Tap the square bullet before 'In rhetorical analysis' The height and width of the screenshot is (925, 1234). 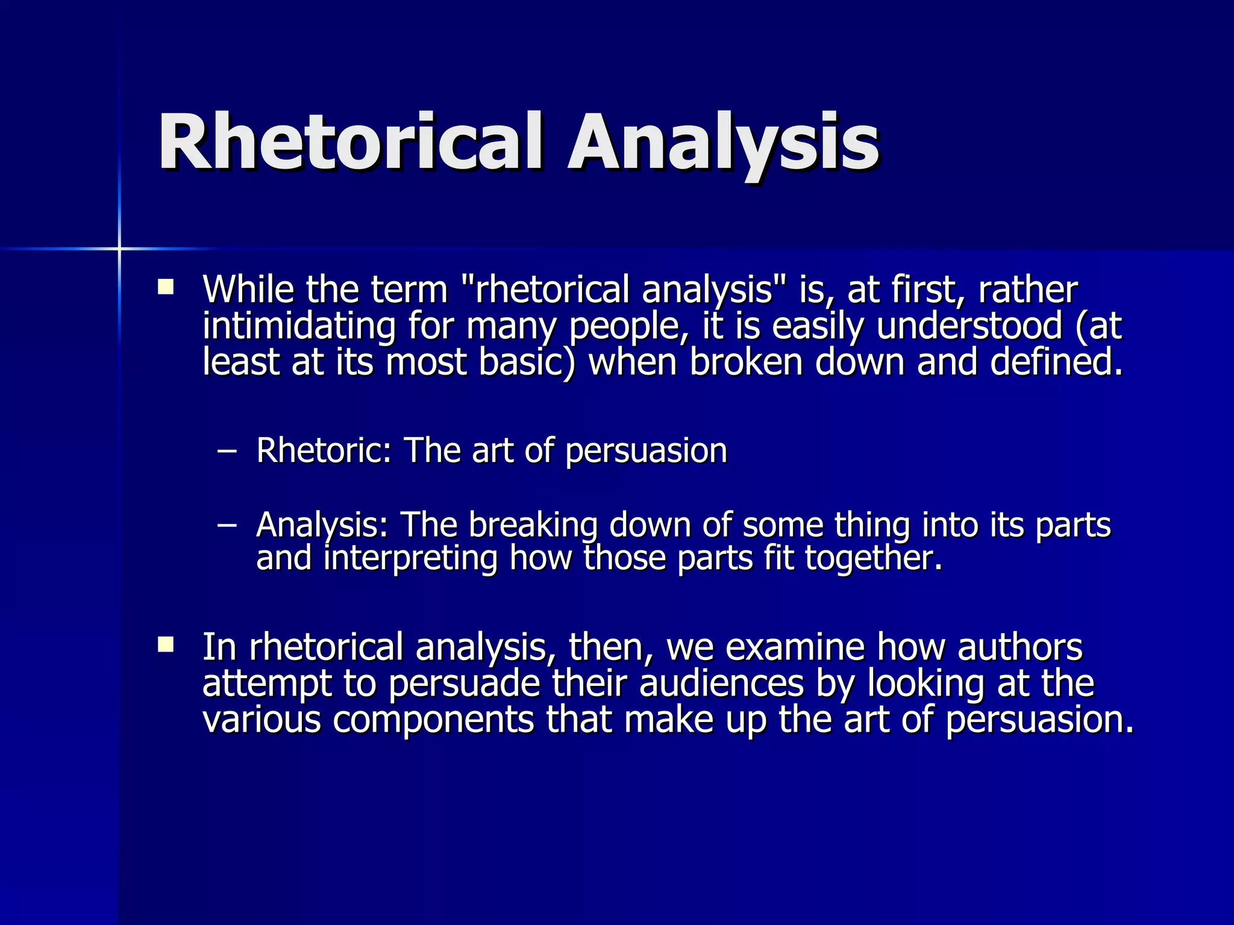point(165,645)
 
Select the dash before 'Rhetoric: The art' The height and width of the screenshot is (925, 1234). point(227,452)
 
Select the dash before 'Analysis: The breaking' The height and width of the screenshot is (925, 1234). point(227,526)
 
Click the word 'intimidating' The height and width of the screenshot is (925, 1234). point(299,327)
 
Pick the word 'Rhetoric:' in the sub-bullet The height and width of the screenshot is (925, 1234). point(324,450)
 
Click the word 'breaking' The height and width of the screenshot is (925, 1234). point(533,525)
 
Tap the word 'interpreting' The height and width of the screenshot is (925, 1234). point(410,558)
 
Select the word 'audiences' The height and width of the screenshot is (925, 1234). point(721,684)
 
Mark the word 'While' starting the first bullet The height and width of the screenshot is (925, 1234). point(248,290)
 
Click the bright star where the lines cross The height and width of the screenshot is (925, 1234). point(119,248)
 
